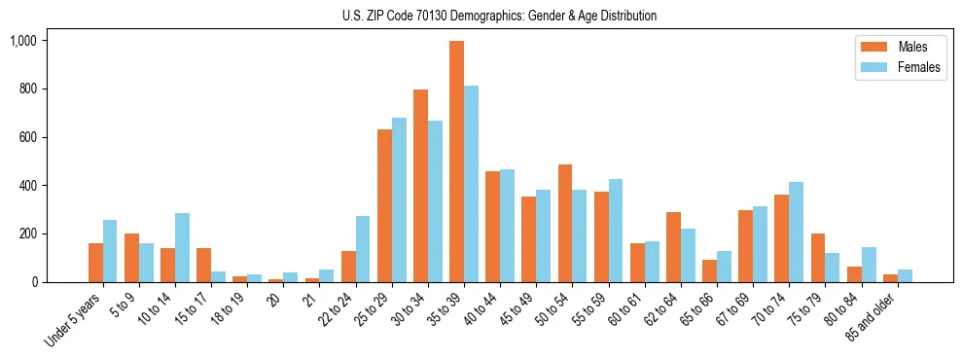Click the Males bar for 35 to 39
[x=456, y=162]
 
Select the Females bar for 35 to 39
[x=471, y=184]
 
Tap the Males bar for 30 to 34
[x=420, y=186]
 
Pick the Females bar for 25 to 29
[x=399, y=199]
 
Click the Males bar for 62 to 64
[x=673, y=247]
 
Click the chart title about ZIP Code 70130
[x=499, y=16]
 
